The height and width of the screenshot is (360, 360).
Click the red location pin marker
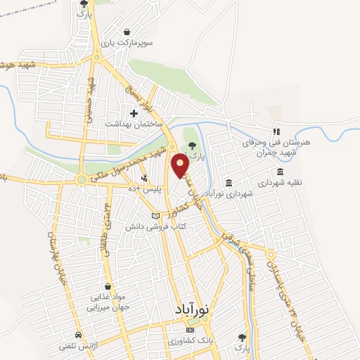[180, 166]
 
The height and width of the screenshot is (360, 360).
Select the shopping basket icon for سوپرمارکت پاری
[126, 32]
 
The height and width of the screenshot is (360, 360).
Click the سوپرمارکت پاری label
[126, 43]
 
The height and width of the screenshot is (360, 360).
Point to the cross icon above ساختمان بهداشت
[134, 112]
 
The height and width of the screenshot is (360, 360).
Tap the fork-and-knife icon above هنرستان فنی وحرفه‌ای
[276, 131]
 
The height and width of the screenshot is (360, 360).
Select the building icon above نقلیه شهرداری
[281, 172]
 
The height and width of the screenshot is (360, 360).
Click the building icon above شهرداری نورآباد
[229, 183]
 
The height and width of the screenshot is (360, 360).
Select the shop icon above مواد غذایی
[107, 286]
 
